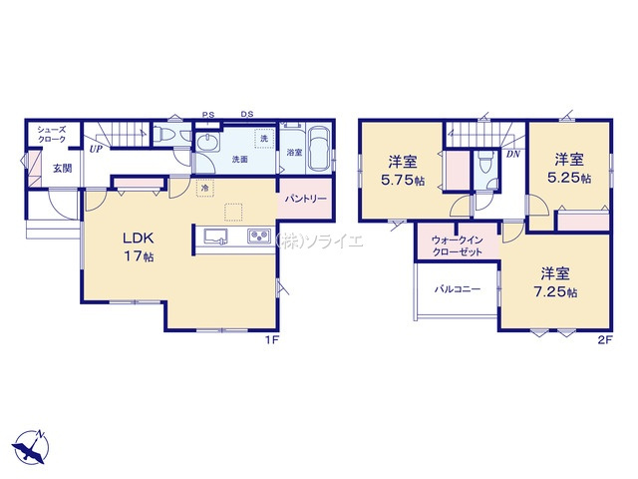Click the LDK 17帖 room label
pyautogui.click(x=139, y=246)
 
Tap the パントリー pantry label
pyautogui.click(x=306, y=199)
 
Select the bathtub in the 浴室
pyautogui.click(x=319, y=149)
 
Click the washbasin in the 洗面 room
pyautogui.click(x=207, y=143)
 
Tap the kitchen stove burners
pyautogui.click(x=259, y=237)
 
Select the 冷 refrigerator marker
pyautogui.click(x=205, y=189)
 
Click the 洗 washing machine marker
pyautogui.click(x=263, y=138)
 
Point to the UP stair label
pyautogui.click(x=96, y=149)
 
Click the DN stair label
pyautogui.click(x=513, y=155)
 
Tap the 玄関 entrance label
pyautogui.click(x=62, y=169)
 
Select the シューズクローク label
pyautogui.click(x=51, y=135)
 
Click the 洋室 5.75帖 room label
pyautogui.click(x=403, y=171)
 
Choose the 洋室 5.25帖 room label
pyautogui.click(x=569, y=169)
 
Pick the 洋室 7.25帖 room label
pyautogui.click(x=555, y=282)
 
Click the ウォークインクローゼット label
pyautogui.click(x=457, y=246)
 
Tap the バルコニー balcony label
pyautogui.click(x=457, y=290)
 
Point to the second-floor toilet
pyautogui.click(x=485, y=162)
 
